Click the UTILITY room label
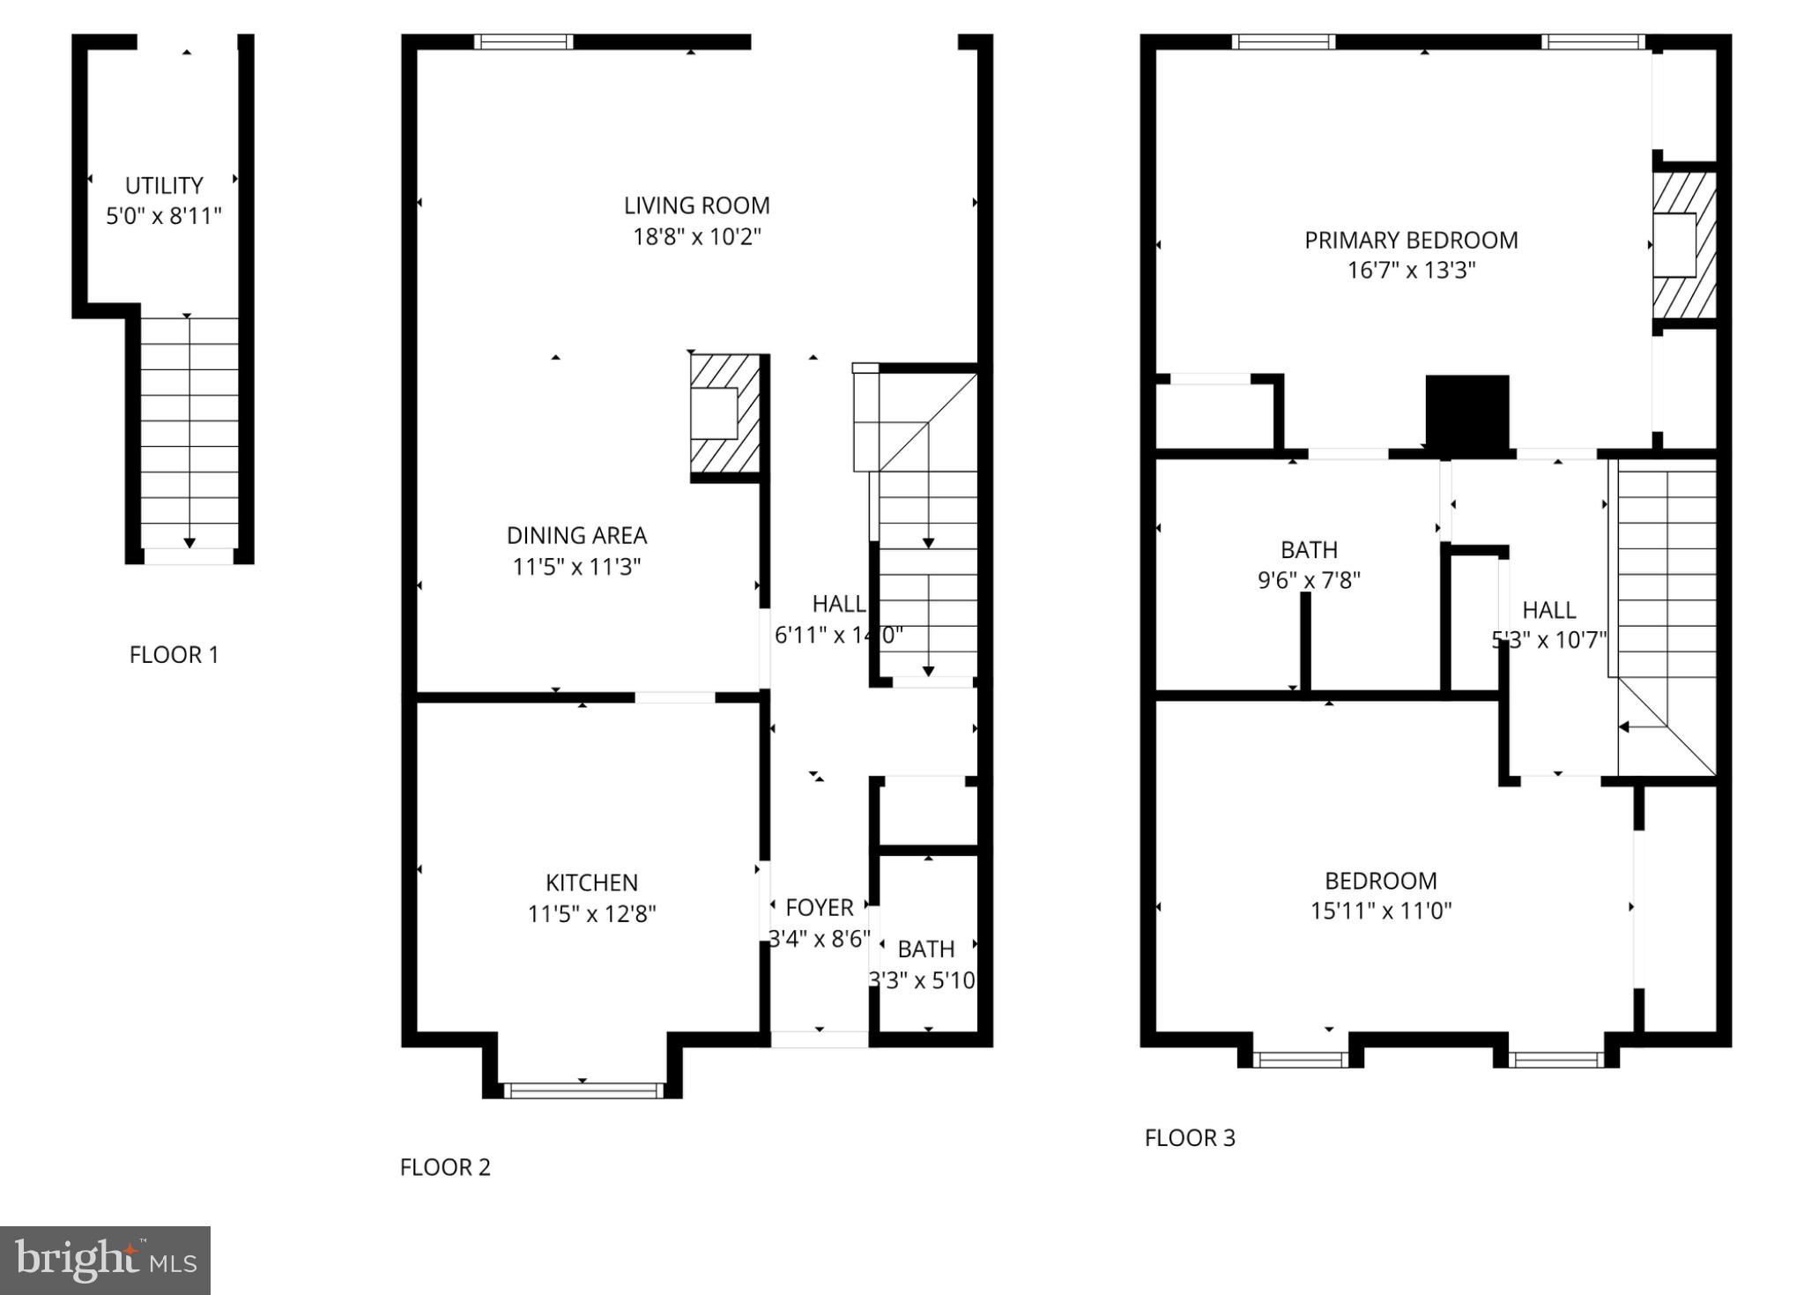point(164,186)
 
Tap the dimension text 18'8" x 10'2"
point(696,237)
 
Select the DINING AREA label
point(576,535)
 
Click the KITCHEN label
point(591,882)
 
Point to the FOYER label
point(819,907)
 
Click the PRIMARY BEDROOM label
point(1411,240)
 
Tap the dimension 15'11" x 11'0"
point(1380,911)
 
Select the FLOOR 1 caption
point(174,655)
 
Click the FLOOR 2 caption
point(445,1167)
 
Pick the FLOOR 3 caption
point(1190,1138)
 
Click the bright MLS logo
point(105,1260)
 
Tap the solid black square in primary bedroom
point(1466,413)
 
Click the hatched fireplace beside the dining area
point(724,413)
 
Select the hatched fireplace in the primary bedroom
point(1683,245)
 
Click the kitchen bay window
point(583,1090)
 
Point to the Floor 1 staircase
point(189,432)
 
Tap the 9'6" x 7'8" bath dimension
point(1308,580)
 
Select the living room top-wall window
point(523,41)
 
